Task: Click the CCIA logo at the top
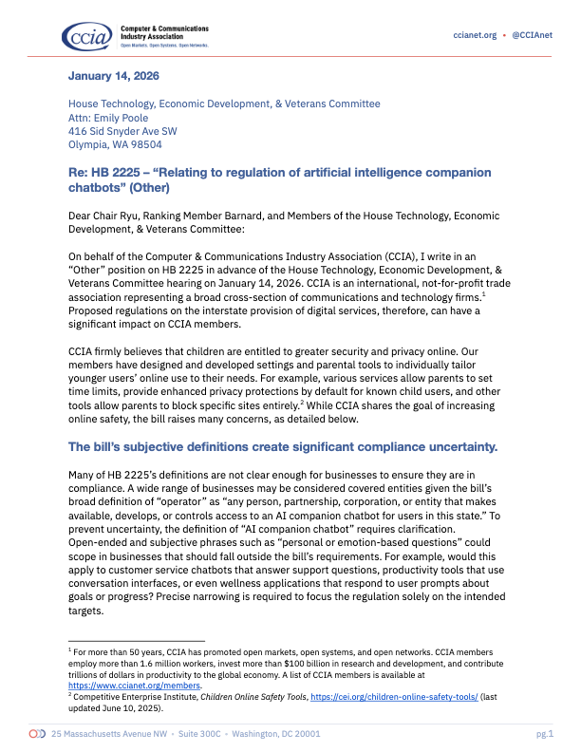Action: (86, 34)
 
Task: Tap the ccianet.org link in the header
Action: (476, 35)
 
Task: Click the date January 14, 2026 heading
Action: (113, 76)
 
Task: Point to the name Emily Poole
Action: (120, 118)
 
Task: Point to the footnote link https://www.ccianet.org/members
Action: (126, 684)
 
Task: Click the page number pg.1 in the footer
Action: (544, 734)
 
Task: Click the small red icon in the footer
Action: (37, 734)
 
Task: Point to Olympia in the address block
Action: (88, 145)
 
